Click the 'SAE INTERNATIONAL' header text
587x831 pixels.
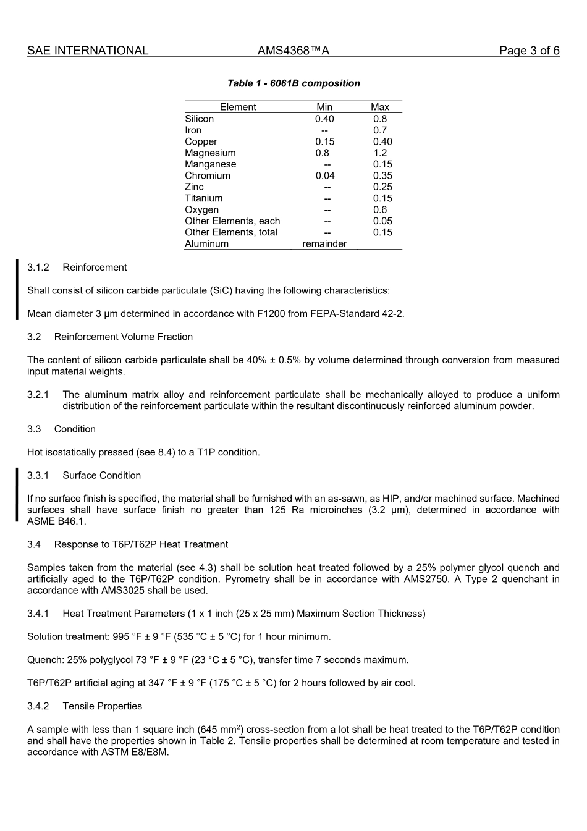[x=88, y=51]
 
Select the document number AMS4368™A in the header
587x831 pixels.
[x=293, y=51]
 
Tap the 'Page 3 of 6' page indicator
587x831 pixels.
[x=529, y=51]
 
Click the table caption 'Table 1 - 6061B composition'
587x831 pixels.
[x=293, y=83]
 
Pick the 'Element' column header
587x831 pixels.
[x=238, y=107]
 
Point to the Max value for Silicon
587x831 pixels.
[x=380, y=119]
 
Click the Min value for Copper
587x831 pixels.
[x=324, y=141]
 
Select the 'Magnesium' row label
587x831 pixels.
[x=210, y=153]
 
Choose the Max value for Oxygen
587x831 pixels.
[x=380, y=209]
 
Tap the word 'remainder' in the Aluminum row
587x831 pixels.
[x=324, y=243]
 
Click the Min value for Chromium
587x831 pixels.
[x=324, y=175]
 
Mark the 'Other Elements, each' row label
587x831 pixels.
[x=232, y=221]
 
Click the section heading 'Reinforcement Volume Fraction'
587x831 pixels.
[x=124, y=337]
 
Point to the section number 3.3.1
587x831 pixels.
[x=38, y=475]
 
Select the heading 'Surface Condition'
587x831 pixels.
[x=102, y=475]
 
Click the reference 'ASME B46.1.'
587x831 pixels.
[x=57, y=521]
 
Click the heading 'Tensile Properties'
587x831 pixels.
[x=102, y=706]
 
